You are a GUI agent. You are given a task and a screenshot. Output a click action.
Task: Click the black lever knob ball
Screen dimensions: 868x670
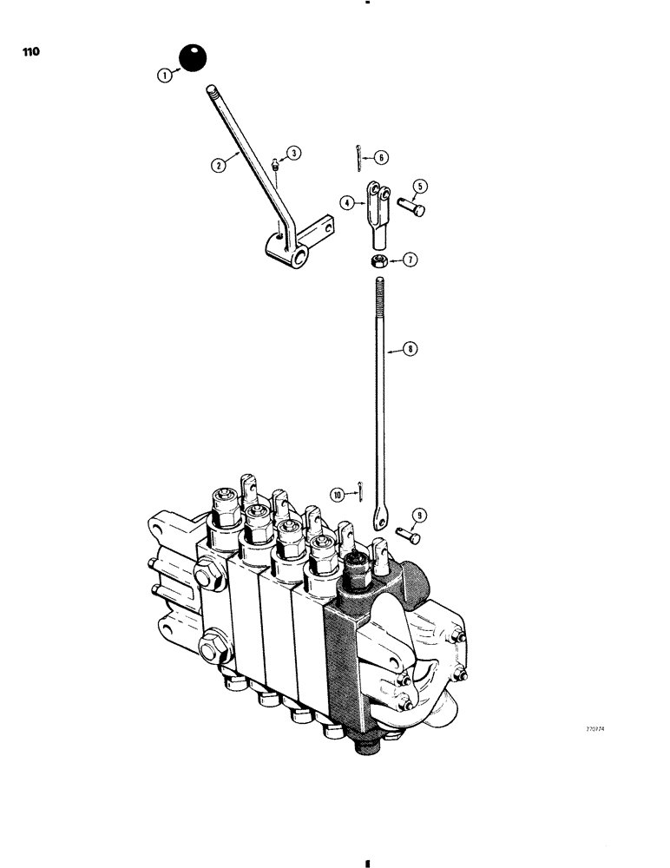pos(193,59)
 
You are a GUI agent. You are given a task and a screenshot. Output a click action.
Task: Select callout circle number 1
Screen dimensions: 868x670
pos(163,76)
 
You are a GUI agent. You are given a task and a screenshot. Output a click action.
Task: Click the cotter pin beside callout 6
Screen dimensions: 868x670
pos(360,154)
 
